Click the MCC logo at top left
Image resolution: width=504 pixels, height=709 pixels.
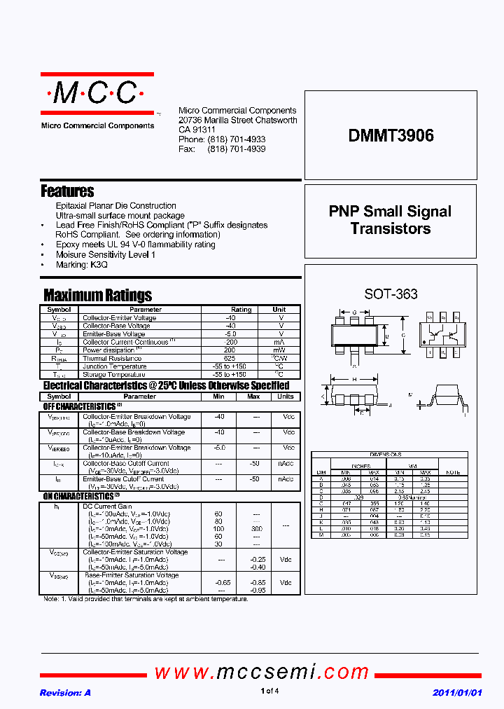(97, 94)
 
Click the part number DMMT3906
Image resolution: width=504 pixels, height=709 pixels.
(391, 136)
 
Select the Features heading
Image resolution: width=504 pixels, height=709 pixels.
(67, 191)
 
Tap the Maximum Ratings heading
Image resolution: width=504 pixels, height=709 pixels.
(97, 295)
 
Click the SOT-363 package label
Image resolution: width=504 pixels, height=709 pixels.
(391, 294)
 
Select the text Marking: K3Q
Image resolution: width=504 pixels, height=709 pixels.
(82, 265)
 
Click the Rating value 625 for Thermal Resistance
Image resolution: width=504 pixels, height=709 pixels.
(241, 358)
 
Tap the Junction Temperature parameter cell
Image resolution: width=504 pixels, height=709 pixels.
(114, 366)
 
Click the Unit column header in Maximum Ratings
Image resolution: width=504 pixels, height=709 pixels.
(279, 309)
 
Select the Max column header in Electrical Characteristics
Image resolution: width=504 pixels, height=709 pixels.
(253, 397)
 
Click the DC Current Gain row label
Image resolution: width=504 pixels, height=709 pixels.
(107, 507)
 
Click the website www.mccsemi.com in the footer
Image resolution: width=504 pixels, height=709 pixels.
(262, 673)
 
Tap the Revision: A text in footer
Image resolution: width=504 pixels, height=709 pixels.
(65, 692)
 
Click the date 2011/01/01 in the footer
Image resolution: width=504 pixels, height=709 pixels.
(458, 692)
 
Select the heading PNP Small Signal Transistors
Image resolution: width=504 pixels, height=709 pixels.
(391, 220)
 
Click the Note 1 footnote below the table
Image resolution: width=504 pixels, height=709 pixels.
(146, 599)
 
